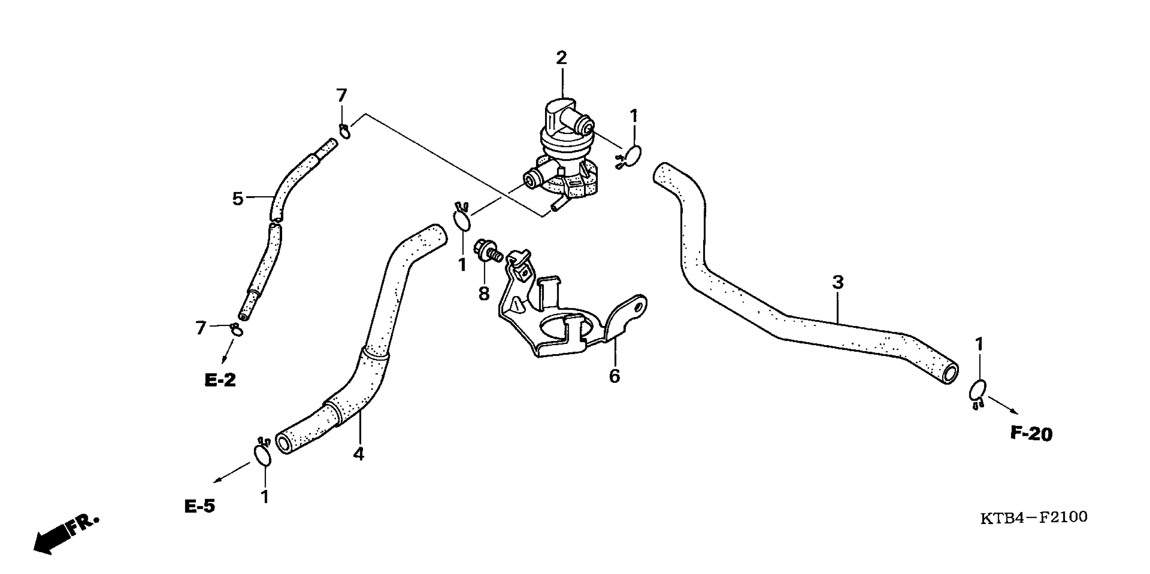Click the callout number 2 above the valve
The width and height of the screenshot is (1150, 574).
pyautogui.click(x=561, y=58)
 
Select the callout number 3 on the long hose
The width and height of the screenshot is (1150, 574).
pyautogui.click(x=838, y=283)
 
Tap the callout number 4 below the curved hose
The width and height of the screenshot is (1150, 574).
pyautogui.click(x=359, y=454)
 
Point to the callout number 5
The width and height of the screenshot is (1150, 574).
pyautogui.click(x=238, y=199)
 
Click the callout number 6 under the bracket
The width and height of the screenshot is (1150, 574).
pyautogui.click(x=615, y=376)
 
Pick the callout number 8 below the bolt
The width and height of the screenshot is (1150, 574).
pyautogui.click(x=484, y=293)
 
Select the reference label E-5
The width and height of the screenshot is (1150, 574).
pyautogui.click(x=200, y=506)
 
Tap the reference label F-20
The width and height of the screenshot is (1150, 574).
pyautogui.click(x=1031, y=434)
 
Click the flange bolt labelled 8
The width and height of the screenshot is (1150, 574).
pyautogui.click(x=488, y=252)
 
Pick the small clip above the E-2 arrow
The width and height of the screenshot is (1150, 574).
pyautogui.click(x=237, y=330)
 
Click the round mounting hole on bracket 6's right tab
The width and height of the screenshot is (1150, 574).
pyautogui.click(x=640, y=307)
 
